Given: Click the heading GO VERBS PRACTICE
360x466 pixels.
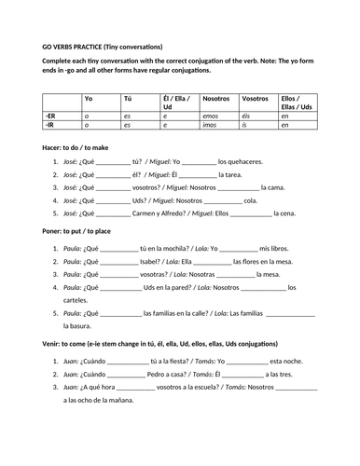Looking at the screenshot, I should [x=75, y=46].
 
